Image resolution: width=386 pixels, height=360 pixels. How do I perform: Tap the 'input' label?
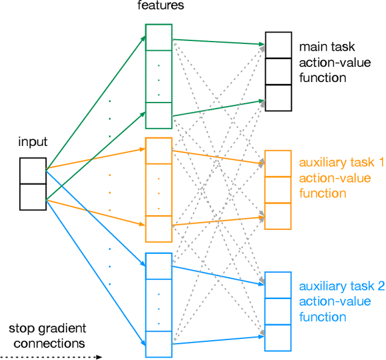(33, 142)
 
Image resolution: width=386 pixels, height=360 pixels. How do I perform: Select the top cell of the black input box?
(33, 171)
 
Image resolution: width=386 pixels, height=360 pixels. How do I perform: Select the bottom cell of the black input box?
(33, 197)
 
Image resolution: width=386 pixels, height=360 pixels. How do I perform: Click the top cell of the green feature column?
(159, 37)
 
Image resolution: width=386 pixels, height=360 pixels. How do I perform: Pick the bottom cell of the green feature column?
(159, 115)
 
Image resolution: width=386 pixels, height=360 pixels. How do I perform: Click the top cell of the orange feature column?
(159, 151)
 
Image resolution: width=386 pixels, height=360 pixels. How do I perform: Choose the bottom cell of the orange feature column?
(159, 229)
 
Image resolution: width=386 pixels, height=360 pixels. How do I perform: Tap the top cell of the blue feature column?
(159, 266)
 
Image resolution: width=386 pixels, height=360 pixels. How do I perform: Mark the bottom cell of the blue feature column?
(159, 344)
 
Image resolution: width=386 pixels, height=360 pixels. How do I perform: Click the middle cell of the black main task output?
(278, 71)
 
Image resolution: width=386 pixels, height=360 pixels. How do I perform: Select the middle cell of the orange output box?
(278, 189)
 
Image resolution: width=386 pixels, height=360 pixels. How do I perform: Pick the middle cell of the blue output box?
(278, 311)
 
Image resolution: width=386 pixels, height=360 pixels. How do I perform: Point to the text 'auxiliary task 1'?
(341, 163)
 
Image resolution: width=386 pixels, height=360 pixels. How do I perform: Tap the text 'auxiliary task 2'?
(341, 286)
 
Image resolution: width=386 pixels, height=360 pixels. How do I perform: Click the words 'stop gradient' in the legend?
(48, 329)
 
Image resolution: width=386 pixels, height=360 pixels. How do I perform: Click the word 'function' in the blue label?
(323, 317)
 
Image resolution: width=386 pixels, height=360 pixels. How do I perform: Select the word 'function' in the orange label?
(323, 194)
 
